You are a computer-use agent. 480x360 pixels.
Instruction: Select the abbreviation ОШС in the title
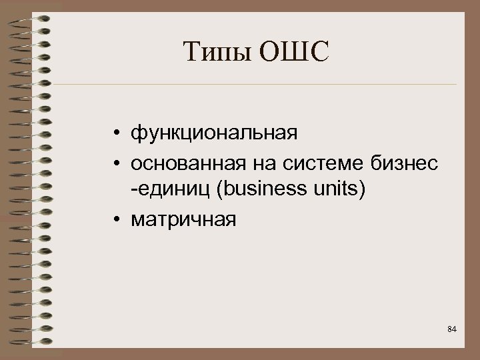pos(293,53)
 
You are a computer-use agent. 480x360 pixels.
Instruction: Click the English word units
pos(336,191)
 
